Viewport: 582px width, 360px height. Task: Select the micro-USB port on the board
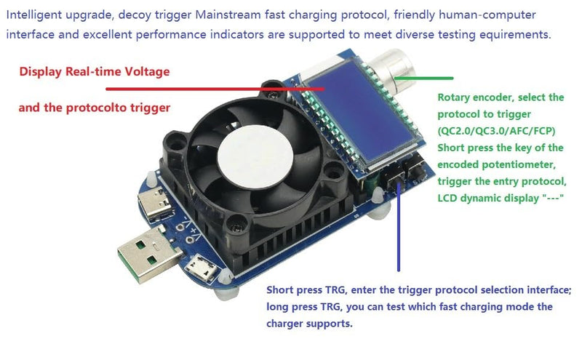click(203, 272)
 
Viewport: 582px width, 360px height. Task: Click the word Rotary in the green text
click(454, 97)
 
